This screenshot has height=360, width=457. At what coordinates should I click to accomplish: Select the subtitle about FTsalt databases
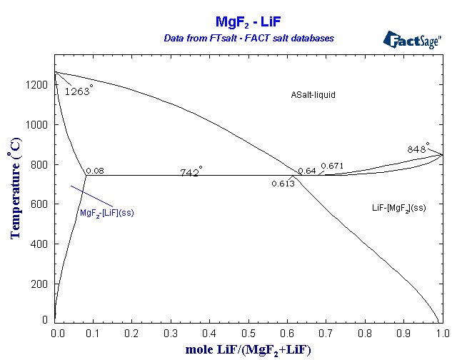click(249, 37)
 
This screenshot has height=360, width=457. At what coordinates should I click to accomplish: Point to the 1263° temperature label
click(79, 91)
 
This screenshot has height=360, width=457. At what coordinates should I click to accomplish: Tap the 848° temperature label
click(418, 149)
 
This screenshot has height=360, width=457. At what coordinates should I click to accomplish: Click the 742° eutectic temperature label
click(191, 172)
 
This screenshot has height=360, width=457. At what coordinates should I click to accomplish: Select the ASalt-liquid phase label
click(313, 94)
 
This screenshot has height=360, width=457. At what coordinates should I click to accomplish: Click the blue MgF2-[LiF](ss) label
click(107, 212)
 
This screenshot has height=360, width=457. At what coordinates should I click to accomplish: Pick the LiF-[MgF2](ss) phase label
click(398, 207)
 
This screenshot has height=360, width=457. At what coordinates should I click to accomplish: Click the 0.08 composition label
click(94, 171)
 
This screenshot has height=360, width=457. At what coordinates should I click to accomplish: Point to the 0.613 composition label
click(283, 184)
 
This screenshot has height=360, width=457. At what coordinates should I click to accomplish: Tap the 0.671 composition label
click(332, 166)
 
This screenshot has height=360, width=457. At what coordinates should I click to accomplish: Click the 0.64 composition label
click(306, 170)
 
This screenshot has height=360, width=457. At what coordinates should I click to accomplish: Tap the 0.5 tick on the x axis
click(248, 333)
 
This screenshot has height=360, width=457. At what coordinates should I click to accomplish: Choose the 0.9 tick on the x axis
click(403, 333)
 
